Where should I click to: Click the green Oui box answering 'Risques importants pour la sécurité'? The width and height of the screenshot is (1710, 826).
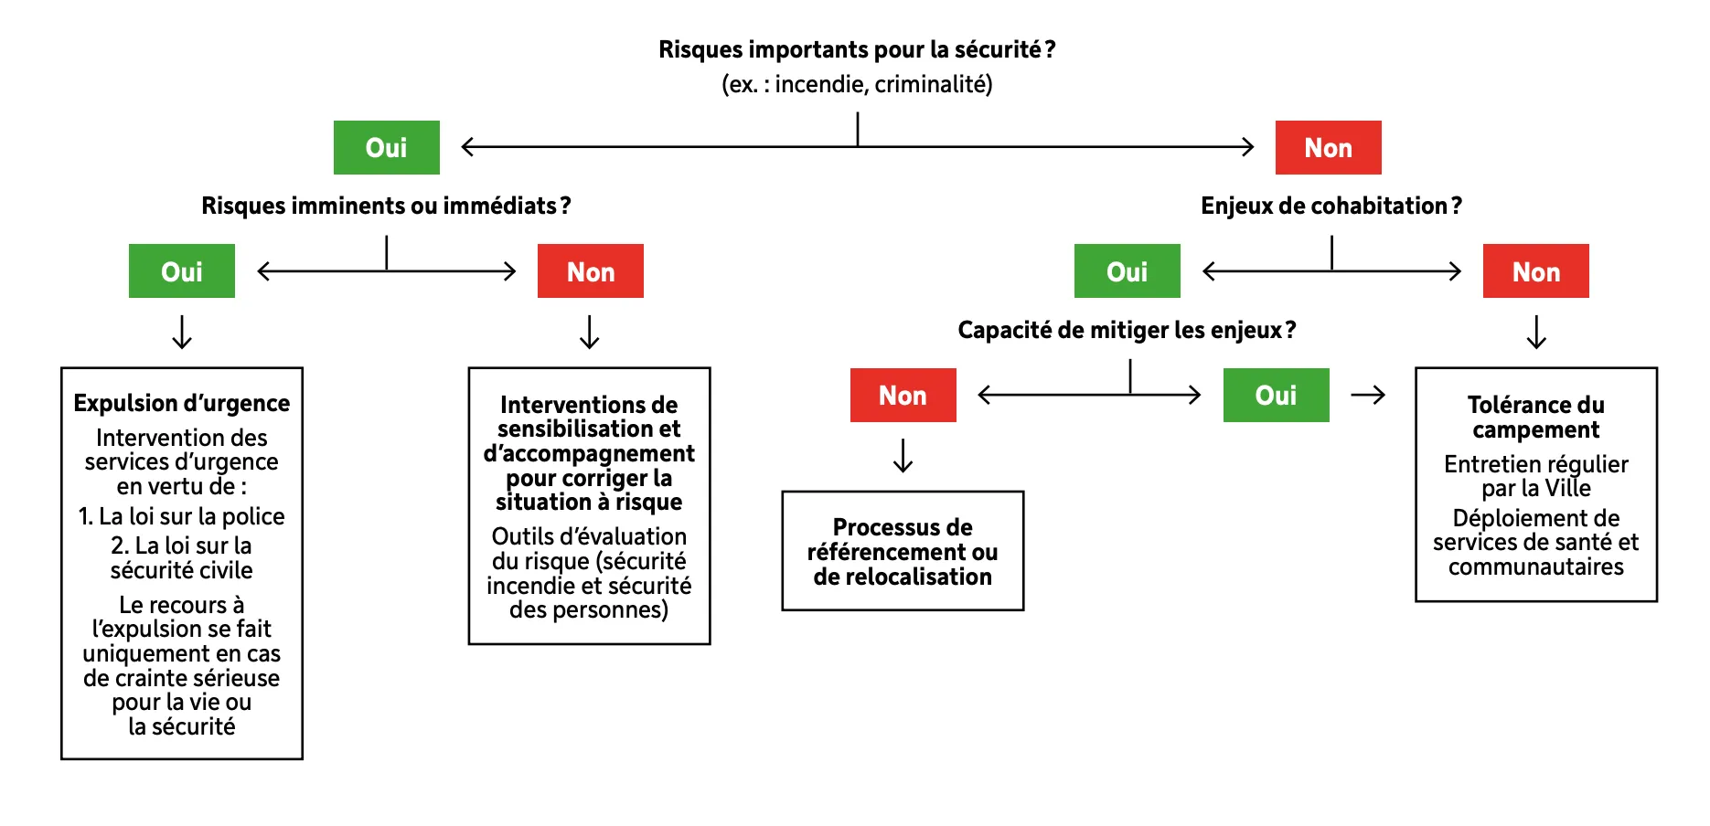pos(386,147)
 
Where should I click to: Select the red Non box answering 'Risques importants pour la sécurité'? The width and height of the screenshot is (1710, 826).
pos(1328,147)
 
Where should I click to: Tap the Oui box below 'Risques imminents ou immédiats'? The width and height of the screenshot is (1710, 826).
pos(181,271)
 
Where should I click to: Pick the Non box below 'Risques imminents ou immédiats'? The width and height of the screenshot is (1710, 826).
pos(590,271)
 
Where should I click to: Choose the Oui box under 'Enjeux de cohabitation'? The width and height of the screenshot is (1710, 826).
pos(1127,271)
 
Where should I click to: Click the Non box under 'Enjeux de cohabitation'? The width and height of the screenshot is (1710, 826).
pos(1535,271)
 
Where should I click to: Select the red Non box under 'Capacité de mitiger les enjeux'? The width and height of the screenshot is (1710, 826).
pos(903,395)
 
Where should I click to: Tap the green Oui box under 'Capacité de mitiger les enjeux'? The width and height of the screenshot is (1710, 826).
pos(1276,395)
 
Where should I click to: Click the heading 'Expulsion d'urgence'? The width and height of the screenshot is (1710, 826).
pos(181,403)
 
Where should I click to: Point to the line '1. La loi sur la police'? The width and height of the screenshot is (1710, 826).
pos(181,516)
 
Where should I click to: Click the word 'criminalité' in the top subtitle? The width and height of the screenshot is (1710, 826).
pos(933,84)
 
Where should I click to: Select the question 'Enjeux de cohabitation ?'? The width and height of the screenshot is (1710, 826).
pos(1331,206)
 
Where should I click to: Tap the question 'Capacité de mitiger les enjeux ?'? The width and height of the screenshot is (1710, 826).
pos(1127,330)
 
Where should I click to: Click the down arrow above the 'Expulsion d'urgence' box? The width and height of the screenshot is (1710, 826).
pos(182,332)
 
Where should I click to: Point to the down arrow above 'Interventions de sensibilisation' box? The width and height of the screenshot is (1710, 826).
pos(590,332)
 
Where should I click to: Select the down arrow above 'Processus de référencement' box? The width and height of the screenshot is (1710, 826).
pos(903,455)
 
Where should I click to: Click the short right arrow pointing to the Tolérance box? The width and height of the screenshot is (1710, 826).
pos(1368,395)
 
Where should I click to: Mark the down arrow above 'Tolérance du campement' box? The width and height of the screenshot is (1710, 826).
pos(1536,332)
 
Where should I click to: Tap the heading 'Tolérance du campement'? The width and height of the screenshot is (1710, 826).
pos(1535,417)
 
